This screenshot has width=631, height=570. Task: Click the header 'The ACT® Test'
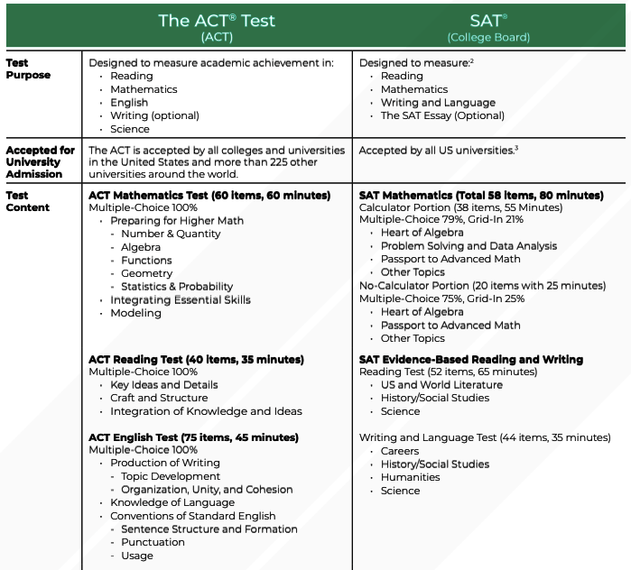pyautogui.click(x=217, y=20)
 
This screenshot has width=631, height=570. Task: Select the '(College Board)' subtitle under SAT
pyautogui.click(x=488, y=38)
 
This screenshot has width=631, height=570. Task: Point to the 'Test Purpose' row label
pyautogui.click(x=28, y=69)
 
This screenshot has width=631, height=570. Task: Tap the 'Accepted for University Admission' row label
pyautogui.click(x=41, y=161)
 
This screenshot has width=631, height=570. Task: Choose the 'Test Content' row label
pyautogui.click(x=28, y=201)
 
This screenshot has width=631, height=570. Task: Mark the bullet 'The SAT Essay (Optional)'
pyautogui.click(x=442, y=116)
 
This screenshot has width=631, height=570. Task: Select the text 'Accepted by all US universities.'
pyautogui.click(x=437, y=151)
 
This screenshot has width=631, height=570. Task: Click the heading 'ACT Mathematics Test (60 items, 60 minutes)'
pyautogui.click(x=215, y=195)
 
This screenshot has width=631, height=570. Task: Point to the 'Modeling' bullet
pyautogui.click(x=135, y=313)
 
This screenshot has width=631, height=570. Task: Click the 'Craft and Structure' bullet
pyautogui.click(x=159, y=398)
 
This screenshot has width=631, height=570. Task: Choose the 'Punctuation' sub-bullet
pyautogui.click(x=153, y=542)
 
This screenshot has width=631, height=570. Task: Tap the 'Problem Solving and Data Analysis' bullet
pyautogui.click(x=469, y=246)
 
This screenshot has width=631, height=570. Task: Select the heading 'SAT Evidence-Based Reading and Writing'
pyautogui.click(x=471, y=359)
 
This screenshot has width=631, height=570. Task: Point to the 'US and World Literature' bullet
pyautogui.click(x=441, y=385)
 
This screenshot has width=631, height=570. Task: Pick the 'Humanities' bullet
pyautogui.click(x=411, y=477)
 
